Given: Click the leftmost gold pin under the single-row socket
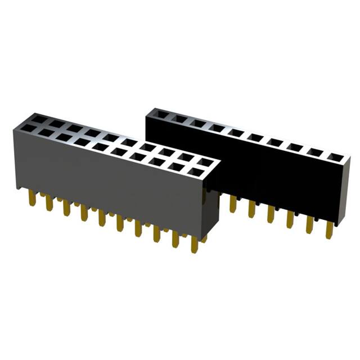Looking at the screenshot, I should [x=233, y=204].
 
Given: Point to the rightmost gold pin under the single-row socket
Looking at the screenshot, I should [x=329, y=229].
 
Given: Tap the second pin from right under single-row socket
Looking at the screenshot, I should [x=310, y=223].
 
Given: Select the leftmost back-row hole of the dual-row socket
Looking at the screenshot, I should [x=39, y=119].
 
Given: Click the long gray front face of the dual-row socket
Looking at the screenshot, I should [x=107, y=180].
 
